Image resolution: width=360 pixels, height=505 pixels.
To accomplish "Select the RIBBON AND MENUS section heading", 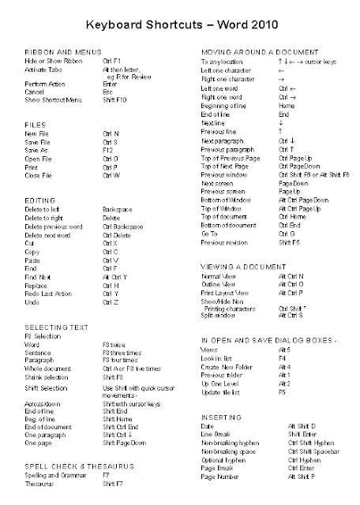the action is pyautogui.click(x=58, y=50).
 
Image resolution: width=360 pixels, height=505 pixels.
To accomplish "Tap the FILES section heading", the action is pyautogui.click(x=34, y=124).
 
